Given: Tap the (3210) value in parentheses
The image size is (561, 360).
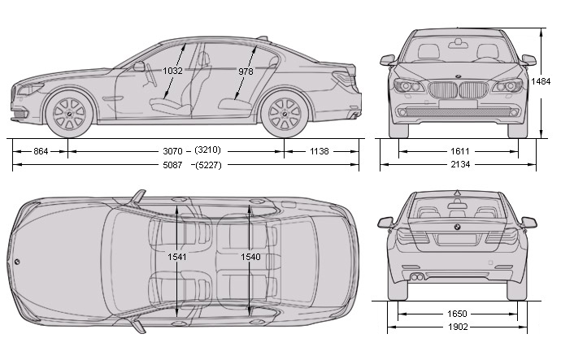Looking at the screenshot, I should coord(209,151).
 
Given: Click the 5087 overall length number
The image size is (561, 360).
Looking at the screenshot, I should coord(173,166).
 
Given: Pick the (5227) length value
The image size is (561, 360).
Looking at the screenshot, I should coord(209,166).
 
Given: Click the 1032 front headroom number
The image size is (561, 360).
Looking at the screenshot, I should coord(172,72).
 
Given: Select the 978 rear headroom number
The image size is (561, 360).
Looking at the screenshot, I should coord(246,72).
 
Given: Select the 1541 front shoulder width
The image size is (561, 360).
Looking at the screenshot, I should coord(177,257).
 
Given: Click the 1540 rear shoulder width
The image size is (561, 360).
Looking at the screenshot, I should coord(250,257).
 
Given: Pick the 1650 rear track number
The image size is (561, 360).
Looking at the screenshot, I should coord(456,312).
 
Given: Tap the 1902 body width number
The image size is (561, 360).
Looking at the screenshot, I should coord(456,328).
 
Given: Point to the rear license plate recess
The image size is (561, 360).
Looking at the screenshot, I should coord(456,239).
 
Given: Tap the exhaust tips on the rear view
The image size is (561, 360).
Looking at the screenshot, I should coord(416,278).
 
